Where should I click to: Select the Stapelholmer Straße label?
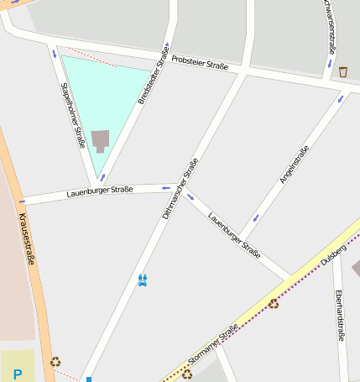(73, 115)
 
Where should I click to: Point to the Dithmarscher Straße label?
(180, 189)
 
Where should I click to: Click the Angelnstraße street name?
(294, 165)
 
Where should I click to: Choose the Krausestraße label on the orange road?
(24, 238)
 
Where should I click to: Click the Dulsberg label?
(333, 253)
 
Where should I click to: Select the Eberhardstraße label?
(340, 316)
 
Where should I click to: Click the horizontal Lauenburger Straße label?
(100, 192)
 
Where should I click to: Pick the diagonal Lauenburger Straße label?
(234, 234)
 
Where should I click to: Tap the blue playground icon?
(143, 280)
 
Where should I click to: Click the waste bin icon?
(343, 72)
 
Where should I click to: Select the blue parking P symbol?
(17, 374)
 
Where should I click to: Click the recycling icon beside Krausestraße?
(55, 362)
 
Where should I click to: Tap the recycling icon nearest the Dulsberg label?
(274, 303)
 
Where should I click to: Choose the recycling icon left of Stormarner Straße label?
(186, 374)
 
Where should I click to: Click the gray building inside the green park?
(101, 140)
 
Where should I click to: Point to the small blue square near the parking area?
(88, 379)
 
